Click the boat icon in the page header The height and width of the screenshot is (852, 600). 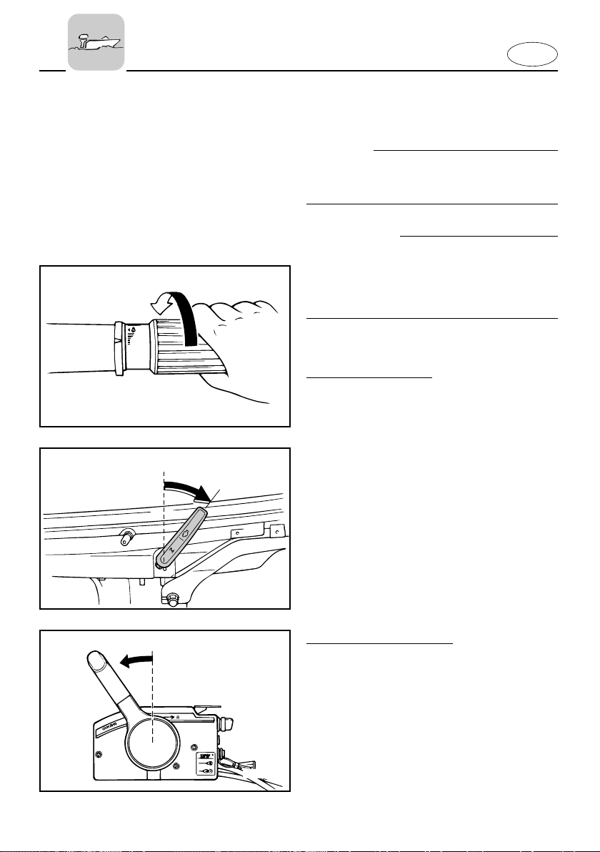96,42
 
